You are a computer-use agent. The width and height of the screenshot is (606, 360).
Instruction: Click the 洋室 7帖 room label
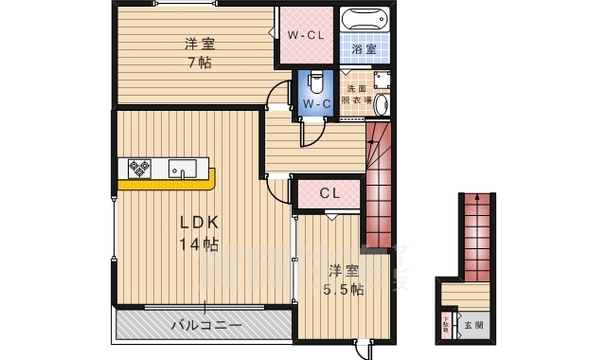(x=197, y=53)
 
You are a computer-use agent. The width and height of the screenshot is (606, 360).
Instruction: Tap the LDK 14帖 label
(x=200, y=233)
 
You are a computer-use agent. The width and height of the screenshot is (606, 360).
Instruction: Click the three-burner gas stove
(x=140, y=169)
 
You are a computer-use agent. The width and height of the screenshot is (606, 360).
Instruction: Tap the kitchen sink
(x=182, y=169)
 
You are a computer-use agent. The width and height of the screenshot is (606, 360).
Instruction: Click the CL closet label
(x=329, y=193)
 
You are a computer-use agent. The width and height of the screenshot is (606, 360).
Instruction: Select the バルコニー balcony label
(x=205, y=325)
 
